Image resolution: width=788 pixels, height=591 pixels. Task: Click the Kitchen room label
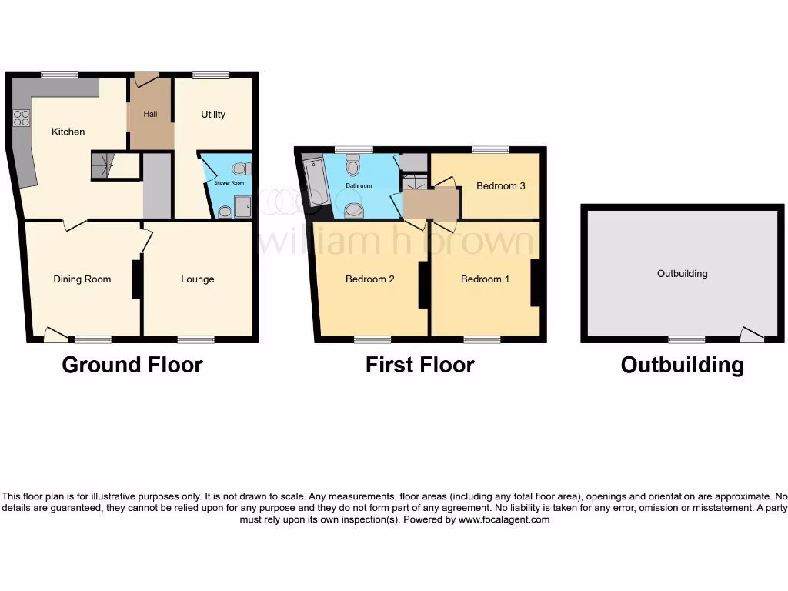(x=68, y=132)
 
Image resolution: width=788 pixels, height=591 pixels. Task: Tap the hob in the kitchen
(x=22, y=119)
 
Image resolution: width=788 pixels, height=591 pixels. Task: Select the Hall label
(x=150, y=115)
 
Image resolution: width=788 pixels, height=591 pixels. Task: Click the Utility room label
(x=213, y=115)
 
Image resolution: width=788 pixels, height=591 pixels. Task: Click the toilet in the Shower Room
(x=240, y=169)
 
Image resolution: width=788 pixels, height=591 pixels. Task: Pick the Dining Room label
(x=82, y=279)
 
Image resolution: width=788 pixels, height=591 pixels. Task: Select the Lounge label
(x=198, y=279)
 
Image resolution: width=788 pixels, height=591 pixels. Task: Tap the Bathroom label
(x=359, y=186)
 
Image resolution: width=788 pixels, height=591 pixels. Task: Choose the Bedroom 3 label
(x=501, y=186)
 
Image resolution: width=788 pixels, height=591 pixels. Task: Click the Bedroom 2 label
(x=369, y=279)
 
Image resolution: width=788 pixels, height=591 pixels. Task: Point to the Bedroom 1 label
(x=485, y=279)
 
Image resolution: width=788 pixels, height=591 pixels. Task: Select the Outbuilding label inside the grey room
(x=682, y=273)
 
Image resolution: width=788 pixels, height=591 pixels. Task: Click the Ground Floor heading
(x=132, y=365)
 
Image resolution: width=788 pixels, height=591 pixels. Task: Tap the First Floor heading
(x=419, y=365)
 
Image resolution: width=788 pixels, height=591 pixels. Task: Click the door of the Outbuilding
(x=751, y=335)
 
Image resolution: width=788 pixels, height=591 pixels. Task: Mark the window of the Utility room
(x=211, y=75)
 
